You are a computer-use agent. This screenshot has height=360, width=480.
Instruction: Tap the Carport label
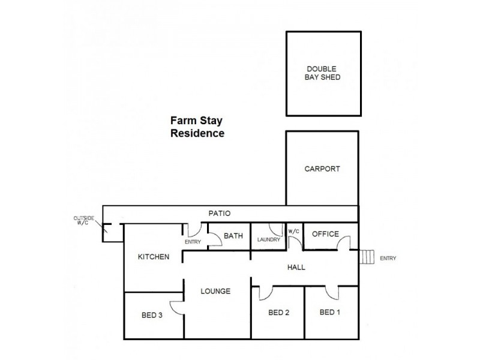[322, 169]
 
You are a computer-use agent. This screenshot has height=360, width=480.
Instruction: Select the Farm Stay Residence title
[198, 127]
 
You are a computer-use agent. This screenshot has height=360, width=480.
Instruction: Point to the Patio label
[220, 213]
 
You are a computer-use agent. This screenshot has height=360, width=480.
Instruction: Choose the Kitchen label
[154, 257]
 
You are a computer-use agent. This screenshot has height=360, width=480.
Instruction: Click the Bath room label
[233, 236]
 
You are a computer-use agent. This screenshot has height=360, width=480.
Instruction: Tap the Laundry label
[268, 240]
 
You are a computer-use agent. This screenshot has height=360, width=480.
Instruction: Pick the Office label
[326, 234]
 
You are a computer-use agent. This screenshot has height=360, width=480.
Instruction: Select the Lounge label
[216, 292]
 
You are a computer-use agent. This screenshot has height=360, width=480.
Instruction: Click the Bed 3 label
[152, 317]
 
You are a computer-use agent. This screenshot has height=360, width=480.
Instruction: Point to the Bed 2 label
[279, 312]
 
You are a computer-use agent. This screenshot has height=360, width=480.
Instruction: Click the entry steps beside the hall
[367, 257]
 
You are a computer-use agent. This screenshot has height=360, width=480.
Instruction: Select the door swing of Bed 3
[177, 306]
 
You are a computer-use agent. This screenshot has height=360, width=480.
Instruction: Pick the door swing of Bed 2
[265, 293]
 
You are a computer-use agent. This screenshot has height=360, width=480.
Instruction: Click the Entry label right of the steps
[388, 259]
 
